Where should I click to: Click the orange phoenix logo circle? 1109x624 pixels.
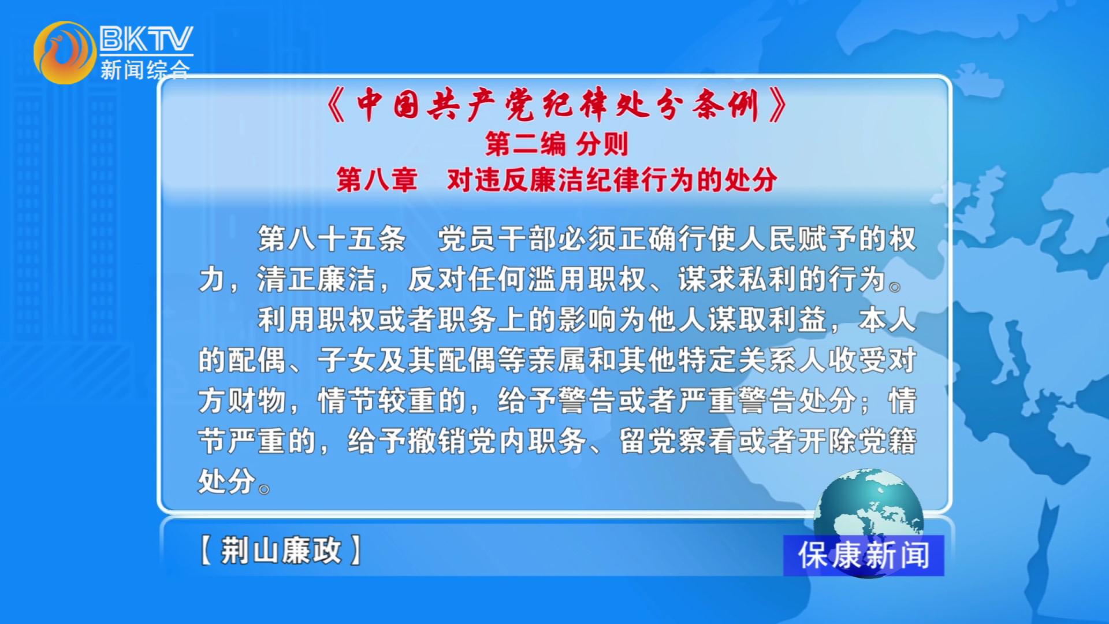point(65,53)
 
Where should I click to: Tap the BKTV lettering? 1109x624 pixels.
point(146,39)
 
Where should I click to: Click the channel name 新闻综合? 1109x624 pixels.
point(145,70)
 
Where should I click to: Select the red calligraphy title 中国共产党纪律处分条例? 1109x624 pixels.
point(557,105)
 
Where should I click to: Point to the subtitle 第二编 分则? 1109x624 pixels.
point(556,144)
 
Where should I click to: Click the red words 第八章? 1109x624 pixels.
point(377,180)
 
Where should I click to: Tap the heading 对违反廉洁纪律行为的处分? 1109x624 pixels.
point(612,180)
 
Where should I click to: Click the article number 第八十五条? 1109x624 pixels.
point(332,239)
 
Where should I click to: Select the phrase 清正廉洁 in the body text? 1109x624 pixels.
point(317,279)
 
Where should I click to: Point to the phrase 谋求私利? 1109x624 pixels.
point(737,279)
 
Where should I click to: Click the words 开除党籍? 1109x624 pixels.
point(857,441)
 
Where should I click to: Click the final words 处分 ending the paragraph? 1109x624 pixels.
point(227,481)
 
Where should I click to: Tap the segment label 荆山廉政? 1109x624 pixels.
point(281,550)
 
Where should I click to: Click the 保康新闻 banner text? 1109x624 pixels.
point(864,555)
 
